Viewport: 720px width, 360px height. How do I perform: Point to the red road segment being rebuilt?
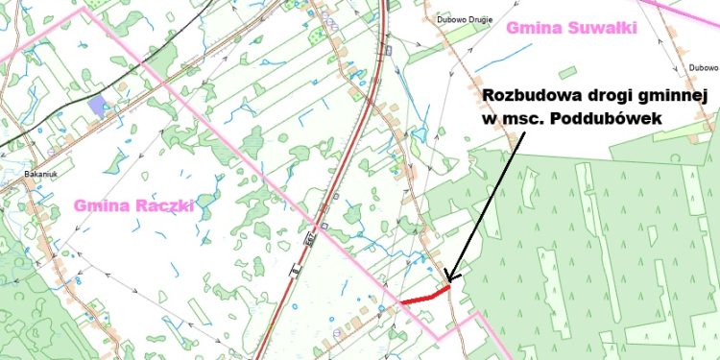point(423,296)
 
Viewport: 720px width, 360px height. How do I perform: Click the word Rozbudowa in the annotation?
point(531,94)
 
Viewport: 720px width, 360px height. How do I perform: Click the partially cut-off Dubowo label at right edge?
point(704,67)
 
